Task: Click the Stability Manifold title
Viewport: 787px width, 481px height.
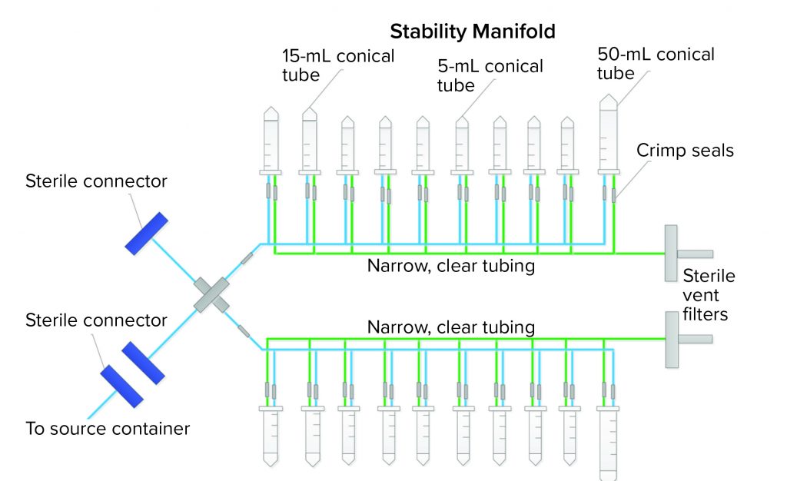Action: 473,32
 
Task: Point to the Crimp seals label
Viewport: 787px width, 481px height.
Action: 685,151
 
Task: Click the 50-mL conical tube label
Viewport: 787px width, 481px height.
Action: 655,64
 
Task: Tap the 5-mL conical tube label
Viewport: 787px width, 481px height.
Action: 490,75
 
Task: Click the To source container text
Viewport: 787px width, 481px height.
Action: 108,429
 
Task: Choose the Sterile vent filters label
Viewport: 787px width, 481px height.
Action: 709,295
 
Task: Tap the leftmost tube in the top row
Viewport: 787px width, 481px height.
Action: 271,142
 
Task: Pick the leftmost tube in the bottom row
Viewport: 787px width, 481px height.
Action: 271,435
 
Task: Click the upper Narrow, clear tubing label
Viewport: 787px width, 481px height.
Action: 450,267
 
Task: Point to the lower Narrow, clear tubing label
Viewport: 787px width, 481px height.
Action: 450,327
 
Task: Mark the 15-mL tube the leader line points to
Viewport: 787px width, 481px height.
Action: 310,142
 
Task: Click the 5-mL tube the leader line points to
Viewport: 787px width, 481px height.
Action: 461,144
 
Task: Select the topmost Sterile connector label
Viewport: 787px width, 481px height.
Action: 96,181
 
